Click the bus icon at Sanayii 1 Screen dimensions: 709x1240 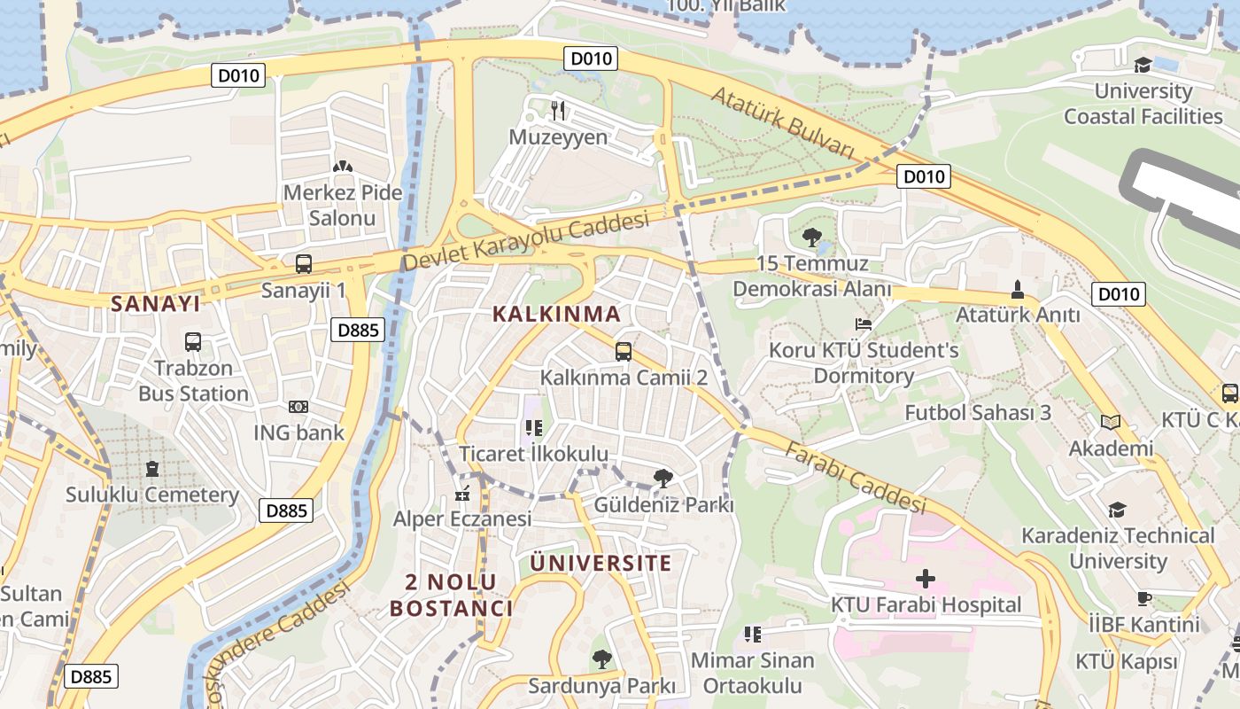click(304, 263)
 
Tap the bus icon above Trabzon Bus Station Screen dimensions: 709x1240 click(193, 341)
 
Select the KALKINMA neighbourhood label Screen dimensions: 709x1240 click(556, 314)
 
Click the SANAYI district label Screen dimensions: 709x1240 click(156, 303)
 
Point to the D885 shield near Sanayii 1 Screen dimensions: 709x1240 click(359, 331)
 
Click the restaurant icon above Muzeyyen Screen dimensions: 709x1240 click(558, 110)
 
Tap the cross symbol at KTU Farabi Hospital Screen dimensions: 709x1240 click(926, 579)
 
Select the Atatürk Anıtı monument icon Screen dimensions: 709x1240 click(1018, 289)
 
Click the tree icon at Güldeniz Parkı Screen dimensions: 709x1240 click(663, 479)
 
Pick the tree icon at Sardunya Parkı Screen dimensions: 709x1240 click(601, 659)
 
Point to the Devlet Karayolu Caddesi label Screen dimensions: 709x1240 click(525, 241)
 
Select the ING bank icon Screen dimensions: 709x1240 click(298, 407)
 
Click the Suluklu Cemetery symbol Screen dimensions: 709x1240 click(151, 468)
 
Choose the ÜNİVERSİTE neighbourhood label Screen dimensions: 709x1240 click(601, 563)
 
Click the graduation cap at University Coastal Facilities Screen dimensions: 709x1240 click(1143, 65)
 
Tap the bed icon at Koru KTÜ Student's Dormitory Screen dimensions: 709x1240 click(864, 324)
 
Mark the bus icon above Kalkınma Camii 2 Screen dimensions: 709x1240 click(624, 352)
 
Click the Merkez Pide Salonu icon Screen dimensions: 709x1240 click(342, 167)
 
